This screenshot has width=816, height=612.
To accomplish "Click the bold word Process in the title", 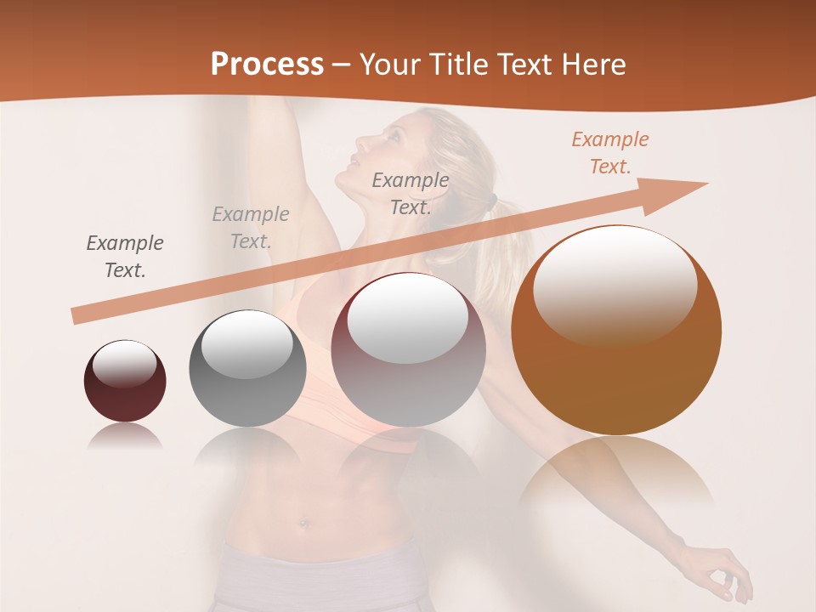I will pos(267,64).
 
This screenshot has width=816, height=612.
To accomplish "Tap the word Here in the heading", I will pos(592,64).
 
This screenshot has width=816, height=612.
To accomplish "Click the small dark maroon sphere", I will pos(125,381).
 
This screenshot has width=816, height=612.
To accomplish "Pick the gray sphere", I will pos(247,368).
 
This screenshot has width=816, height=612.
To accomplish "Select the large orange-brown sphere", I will pos(616,330).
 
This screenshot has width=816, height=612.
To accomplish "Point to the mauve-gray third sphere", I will pos(409,349).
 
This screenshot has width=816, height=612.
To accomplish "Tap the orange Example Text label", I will pos(609,153).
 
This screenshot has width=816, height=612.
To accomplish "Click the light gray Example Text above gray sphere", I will pos(250,228).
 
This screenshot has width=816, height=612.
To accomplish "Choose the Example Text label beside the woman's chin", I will pos(411,193).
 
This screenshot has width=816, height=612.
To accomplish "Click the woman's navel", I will pos(305,524).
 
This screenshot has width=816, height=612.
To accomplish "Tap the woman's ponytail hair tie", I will pos(491,203).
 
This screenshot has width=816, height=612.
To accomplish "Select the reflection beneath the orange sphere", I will pos(616,476).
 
